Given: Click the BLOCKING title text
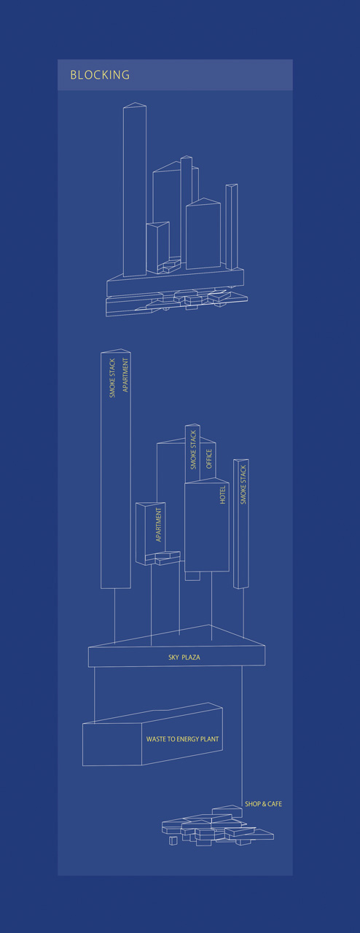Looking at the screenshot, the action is point(100,75).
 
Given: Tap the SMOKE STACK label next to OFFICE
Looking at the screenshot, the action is point(193,450).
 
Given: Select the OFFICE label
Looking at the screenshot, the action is point(209,458).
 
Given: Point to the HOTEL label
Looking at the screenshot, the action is point(222,495).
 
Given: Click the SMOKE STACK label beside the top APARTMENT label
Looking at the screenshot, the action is point(112,378).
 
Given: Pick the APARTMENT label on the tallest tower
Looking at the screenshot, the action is point(125,375).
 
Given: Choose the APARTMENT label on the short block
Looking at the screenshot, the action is point(158,525).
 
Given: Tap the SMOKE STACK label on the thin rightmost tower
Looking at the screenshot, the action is point(243,485).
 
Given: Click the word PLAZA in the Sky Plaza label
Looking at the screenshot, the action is point(191,657).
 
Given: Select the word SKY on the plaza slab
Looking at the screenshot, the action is point(173,657).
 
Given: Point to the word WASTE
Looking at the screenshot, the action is point(155,739).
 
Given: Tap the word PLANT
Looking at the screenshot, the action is point(210,739).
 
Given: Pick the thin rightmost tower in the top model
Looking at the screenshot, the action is point(232,227).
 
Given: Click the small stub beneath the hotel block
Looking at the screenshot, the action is point(192,576).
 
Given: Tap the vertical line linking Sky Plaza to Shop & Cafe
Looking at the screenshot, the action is point(242,736).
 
